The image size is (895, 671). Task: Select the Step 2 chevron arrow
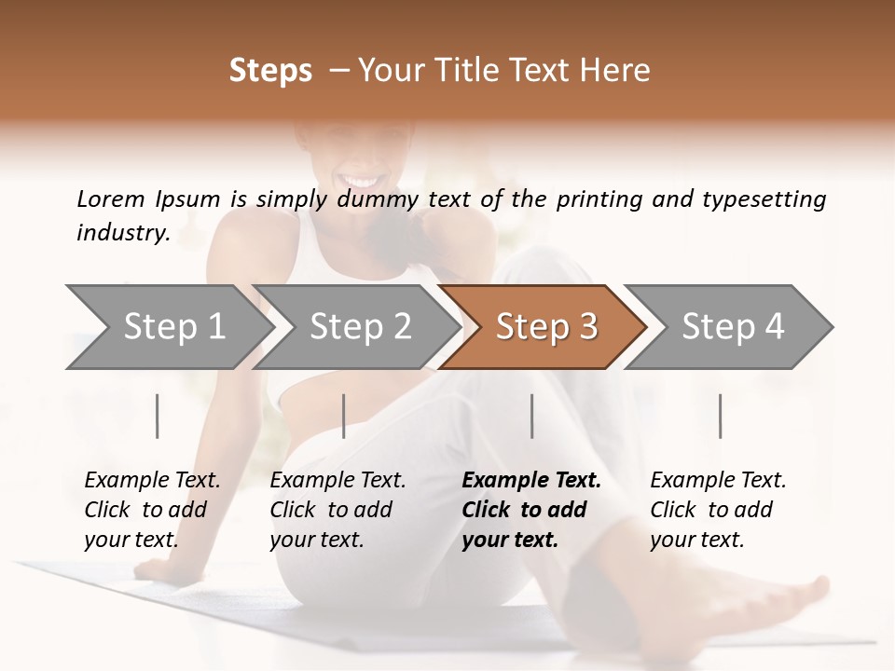pyautogui.click(x=359, y=327)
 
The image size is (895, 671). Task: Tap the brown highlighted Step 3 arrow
pyautogui.click(x=545, y=327)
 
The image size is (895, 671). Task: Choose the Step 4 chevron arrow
pyautogui.click(x=732, y=327)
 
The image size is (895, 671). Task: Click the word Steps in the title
pyautogui.click(x=270, y=71)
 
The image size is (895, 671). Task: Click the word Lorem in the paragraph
pyautogui.click(x=111, y=199)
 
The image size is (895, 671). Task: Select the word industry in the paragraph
pyautogui.click(x=122, y=232)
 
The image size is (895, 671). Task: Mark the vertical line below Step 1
pyautogui.click(x=158, y=416)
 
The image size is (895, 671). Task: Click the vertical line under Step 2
pyautogui.click(x=344, y=416)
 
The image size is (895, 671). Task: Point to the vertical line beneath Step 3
pyautogui.click(x=532, y=416)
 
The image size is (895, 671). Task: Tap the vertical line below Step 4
pyautogui.click(x=721, y=416)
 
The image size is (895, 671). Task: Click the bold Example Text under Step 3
pyautogui.click(x=531, y=481)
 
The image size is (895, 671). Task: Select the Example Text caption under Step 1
pyautogui.click(x=152, y=481)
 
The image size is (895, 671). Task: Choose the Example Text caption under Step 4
pyautogui.click(x=718, y=481)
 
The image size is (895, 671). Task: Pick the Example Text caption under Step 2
pyautogui.click(x=337, y=481)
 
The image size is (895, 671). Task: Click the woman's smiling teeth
pyautogui.click(x=360, y=180)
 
